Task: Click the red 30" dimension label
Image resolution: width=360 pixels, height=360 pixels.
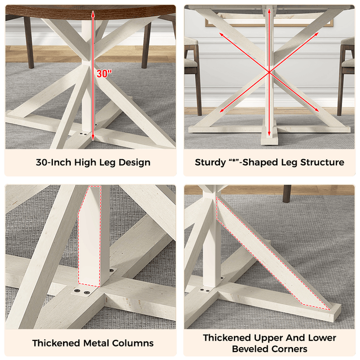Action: [104, 74]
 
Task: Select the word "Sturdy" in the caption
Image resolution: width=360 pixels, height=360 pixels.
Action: [210, 163]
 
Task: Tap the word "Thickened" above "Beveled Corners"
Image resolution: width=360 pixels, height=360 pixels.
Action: [227, 338]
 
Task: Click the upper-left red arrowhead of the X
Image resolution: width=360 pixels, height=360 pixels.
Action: [221, 34]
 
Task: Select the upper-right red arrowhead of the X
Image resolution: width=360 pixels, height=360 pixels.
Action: [317, 34]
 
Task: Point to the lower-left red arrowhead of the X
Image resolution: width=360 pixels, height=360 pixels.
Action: [222, 111]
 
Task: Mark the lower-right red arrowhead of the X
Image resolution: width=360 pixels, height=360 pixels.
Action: [317, 110]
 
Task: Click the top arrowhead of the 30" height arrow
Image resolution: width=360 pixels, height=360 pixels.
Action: [93, 13]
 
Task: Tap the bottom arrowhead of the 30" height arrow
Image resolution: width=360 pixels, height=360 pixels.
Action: [93, 137]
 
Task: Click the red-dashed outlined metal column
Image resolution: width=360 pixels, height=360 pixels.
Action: [90, 236]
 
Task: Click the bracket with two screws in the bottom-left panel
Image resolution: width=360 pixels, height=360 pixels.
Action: [81, 292]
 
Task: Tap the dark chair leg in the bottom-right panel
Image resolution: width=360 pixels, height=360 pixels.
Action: [287, 193]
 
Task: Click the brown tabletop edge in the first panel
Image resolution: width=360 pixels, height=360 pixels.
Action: [91, 12]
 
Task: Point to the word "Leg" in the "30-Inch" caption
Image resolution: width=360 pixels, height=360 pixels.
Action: [107, 163]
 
